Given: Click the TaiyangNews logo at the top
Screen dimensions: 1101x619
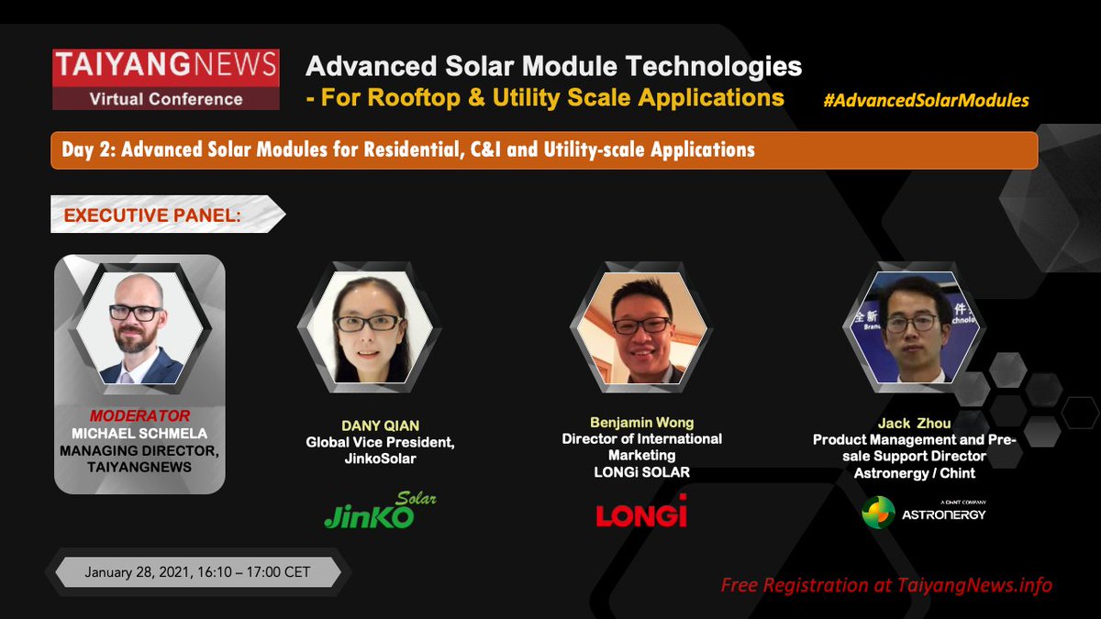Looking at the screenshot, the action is click(x=166, y=79).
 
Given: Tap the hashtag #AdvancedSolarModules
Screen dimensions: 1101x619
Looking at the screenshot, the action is click(x=926, y=100).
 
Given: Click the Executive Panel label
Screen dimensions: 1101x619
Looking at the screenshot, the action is click(x=152, y=216).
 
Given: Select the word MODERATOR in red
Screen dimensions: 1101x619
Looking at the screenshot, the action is click(x=139, y=415).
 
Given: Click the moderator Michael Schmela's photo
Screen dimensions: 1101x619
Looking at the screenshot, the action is click(x=139, y=327).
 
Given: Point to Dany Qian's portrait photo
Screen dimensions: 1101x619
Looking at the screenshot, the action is click(x=370, y=327).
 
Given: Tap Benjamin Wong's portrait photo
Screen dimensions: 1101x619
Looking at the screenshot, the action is click(x=642, y=327).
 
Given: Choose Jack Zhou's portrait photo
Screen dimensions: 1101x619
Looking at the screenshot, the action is click(x=914, y=327).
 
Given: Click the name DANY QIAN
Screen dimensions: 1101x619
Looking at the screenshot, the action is click(x=381, y=426).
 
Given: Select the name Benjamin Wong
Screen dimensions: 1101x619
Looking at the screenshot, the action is click(x=642, y=423).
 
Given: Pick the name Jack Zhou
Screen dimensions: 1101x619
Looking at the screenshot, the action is click(x=914, y=423).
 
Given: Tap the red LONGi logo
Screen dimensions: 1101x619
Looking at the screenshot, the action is click(x=641, y=511).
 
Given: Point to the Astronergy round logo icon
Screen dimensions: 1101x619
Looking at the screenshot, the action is click(x=878, y=512).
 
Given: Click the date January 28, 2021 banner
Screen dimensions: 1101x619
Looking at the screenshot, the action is click(x=197, y=572).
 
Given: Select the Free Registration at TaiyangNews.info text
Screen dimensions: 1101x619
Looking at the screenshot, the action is click(x=886, y=585).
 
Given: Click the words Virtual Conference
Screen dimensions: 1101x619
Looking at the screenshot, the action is click(x=166, y=99).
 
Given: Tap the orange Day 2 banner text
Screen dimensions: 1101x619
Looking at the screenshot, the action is click(x=408, y=149).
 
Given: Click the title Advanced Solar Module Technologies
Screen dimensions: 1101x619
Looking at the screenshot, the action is click(x=553, y=66).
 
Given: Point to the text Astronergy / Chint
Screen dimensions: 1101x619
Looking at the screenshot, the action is click(x=914, y=473).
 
